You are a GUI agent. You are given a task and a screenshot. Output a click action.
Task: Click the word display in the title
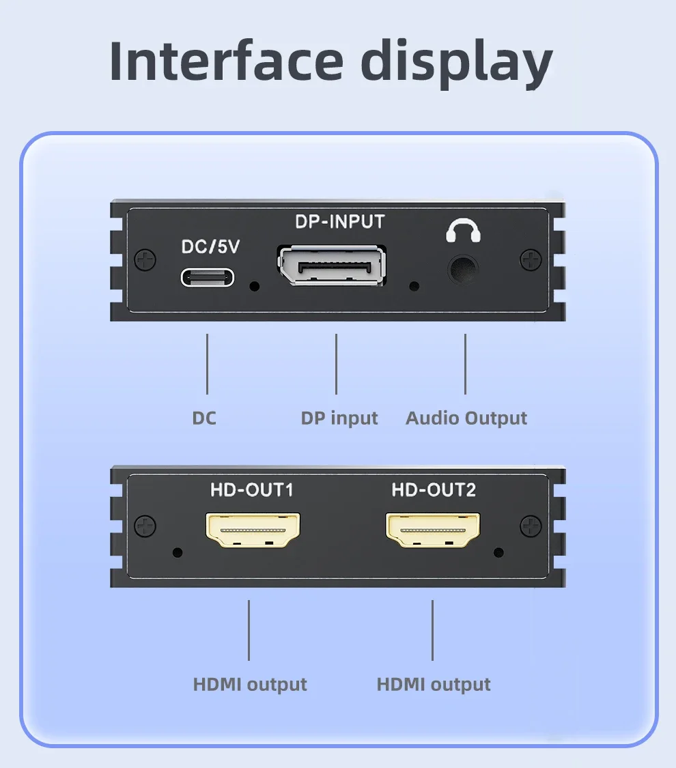(457, 63)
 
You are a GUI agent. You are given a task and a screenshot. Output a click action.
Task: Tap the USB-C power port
(208, 277)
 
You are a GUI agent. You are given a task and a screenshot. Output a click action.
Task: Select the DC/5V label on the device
(210, 247)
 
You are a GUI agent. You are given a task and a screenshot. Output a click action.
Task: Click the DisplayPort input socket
(332, 265)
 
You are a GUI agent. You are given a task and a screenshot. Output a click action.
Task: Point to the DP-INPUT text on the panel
(340, 222)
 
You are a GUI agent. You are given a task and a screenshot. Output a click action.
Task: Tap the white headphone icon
(463, 230)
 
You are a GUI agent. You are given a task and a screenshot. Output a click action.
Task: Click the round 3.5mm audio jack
(463, 270)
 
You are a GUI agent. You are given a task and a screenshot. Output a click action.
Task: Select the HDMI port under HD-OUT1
(253, 530)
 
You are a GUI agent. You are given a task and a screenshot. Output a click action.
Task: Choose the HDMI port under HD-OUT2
(433, 530)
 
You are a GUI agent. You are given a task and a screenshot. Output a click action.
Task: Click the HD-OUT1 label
(252, 489)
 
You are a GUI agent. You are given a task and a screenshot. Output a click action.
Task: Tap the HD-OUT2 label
(434, 489)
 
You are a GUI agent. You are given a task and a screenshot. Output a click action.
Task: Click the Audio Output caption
(466, 418)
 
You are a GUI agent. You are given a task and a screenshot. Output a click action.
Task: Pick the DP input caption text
(339, 418)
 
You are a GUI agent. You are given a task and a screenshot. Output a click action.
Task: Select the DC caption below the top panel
(204, 418)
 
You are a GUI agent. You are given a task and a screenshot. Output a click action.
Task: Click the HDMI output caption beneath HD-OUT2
(434, 684)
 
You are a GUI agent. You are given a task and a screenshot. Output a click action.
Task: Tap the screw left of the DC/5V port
(145, 259)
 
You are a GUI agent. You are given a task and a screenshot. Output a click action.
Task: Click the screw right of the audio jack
(531, 259)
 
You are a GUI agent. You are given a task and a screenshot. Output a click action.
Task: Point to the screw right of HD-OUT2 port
(531, 526)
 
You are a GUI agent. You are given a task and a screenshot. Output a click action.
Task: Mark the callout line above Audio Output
(465, 364)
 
